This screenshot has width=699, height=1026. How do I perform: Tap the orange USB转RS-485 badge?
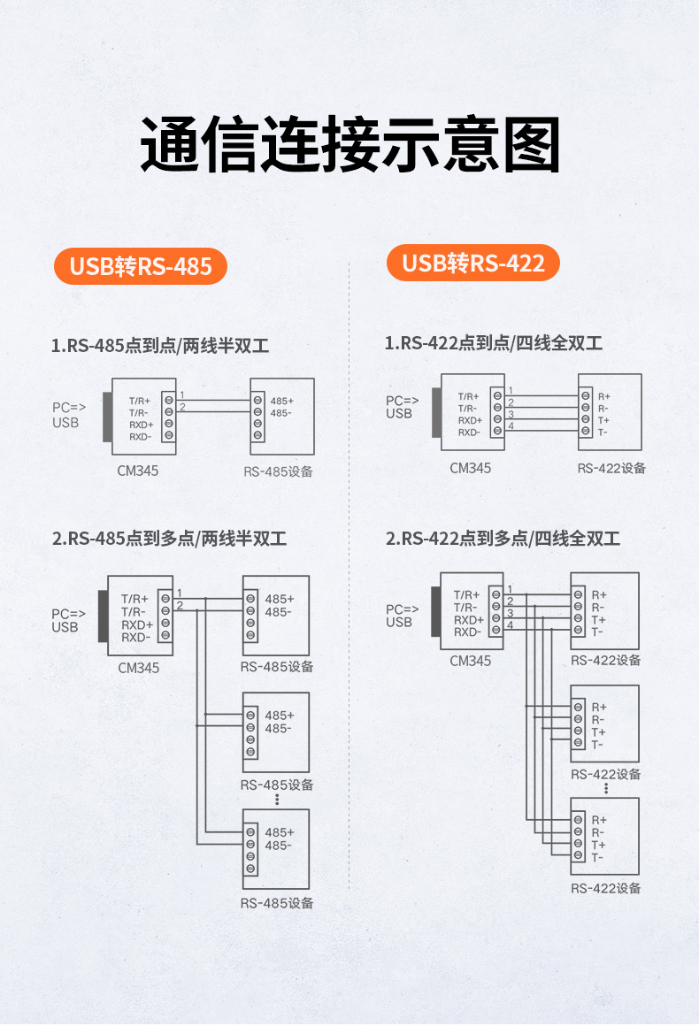click(x=141, y=266)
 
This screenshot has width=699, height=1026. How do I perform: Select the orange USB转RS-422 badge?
click(x=473, y=263)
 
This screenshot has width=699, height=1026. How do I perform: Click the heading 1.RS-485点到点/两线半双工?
click(x=160, y=346)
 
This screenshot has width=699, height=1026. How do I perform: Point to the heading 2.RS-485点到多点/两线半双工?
click(x=169, y=539)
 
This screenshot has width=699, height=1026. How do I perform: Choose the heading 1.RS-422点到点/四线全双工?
click(x=493, y=343)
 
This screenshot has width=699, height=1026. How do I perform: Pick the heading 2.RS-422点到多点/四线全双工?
click(x=503, y=539)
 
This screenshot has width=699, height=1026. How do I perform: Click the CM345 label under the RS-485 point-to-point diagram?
click(x=138, y=471)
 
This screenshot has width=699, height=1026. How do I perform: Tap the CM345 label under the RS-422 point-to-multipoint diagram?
click(x=470, y=661)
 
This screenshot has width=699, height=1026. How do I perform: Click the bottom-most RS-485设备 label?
click(x=277, y=903)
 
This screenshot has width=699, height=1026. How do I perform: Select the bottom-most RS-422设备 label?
click(x=606, y=888)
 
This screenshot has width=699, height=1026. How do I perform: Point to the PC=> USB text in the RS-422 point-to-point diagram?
click(x=399, y=407)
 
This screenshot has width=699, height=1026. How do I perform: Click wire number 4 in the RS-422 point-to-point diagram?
click(x=510, y=426)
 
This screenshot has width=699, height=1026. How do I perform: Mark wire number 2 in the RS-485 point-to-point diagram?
click(x=182, y=407)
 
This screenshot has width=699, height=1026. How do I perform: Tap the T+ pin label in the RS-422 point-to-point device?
click(x=603, y=420)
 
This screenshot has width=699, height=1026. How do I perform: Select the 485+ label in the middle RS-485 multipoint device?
click(x=279, y=716)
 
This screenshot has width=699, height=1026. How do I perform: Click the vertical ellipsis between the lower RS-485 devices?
click(x=277, y=799)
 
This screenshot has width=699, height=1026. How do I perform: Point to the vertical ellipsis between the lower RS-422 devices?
click(x=606, y=787)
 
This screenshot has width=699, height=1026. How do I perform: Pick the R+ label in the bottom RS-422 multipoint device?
click(x=599, y=820)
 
